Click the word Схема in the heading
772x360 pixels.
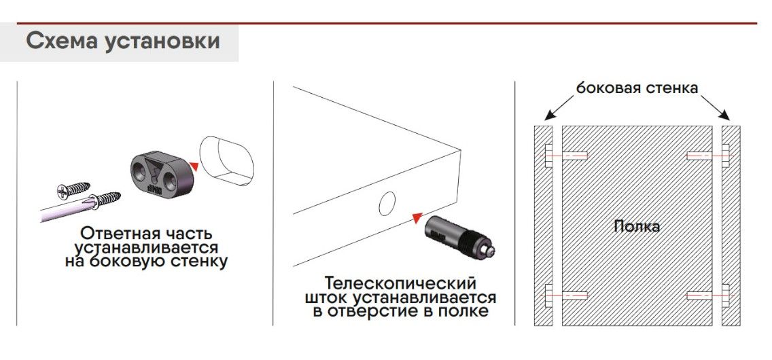click(61, 41)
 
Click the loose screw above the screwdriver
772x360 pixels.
click(73, 190)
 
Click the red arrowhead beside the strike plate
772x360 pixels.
click(194, 166)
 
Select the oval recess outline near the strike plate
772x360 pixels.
click(226, 161)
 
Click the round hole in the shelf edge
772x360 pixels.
click(387, 204)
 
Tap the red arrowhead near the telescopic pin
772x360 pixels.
click(417, 217)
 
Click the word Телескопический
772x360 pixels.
click(401, 285)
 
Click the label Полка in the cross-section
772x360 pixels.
click(637, 226)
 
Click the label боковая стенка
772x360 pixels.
click(637, 88)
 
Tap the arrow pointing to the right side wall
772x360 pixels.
click(715, 107)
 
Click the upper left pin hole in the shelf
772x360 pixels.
click(574, 156)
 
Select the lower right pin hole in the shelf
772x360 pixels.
click(699, 295)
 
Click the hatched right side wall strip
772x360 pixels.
click(731, 226)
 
